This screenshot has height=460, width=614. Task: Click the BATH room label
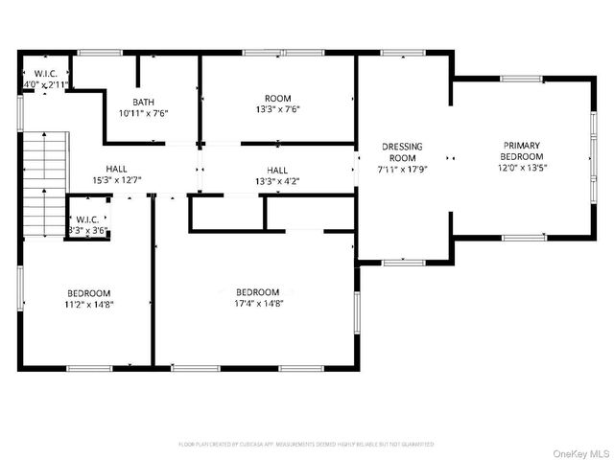[143, 102]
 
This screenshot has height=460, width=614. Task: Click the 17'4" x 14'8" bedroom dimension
[258, 304]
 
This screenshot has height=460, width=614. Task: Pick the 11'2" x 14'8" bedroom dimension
[88, 304]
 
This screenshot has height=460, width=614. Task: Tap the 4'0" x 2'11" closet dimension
[45, 85]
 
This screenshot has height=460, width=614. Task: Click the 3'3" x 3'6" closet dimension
[86, 230]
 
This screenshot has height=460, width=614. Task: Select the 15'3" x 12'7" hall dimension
[116, 179]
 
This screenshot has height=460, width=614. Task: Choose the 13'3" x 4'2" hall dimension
[277, 180]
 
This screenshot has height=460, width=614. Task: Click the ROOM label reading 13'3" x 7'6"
[277, 98]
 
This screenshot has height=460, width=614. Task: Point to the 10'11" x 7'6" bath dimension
[143, 112]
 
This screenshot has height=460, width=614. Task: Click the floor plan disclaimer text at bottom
[306, 445]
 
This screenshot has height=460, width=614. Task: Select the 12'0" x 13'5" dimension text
[521, 167]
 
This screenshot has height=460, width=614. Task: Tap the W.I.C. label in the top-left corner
[45, 74]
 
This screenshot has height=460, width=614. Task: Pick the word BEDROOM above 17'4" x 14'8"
[258, 292]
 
